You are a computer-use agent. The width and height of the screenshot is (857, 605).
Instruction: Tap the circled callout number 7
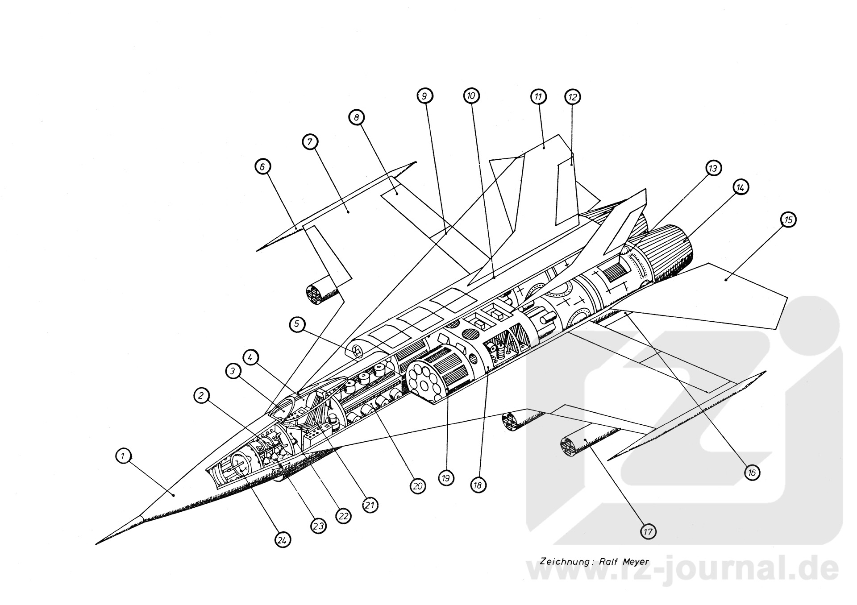tap(310, 142)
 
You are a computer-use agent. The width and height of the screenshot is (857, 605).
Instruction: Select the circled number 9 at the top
tap(424, 95)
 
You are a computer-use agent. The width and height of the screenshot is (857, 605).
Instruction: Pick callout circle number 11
tap(538, 96)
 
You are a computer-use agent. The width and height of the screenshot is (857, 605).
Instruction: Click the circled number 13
tap(713, 168)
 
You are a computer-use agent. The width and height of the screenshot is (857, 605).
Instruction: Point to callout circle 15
tap(788, 220)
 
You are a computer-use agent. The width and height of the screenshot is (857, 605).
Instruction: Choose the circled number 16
tap(752, 472)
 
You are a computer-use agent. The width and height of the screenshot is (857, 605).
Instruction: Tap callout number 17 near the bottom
tap(648, 531)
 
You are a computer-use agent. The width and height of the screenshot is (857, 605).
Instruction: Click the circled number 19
tap(446, 478)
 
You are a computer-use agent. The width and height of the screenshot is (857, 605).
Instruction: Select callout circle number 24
tap(282, 540)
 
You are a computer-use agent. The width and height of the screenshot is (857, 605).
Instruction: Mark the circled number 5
tap(297, 324)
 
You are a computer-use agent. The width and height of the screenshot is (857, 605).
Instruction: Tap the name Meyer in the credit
tap(635, 562)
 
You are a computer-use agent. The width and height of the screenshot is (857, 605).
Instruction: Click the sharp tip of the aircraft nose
tap(97, 543)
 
